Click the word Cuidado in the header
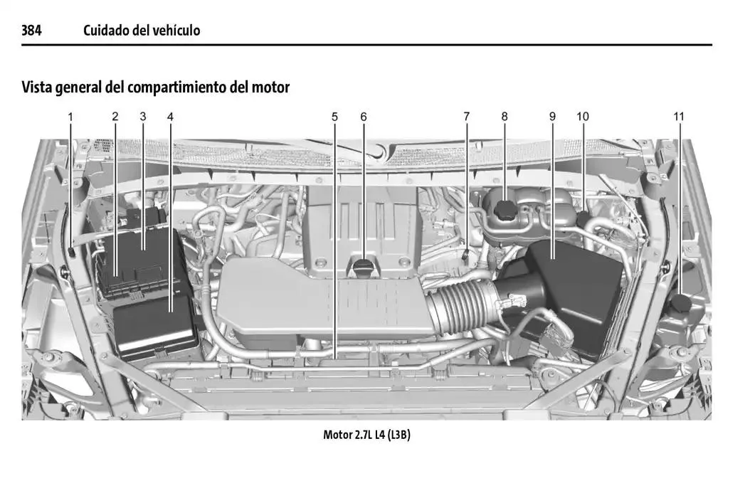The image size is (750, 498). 106,30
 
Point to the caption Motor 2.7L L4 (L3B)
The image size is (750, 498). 366,435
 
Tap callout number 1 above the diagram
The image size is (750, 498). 70,116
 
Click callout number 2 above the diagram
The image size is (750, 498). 115,116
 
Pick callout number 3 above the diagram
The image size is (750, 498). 142,116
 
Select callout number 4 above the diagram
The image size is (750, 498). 170,116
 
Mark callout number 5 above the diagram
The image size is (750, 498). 334,116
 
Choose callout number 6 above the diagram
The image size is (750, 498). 363,116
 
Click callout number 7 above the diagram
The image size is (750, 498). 467,116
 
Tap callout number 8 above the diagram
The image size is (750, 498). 504,116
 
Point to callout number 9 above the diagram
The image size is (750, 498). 552,116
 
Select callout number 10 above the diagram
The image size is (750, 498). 583,116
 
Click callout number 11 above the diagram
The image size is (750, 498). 679,116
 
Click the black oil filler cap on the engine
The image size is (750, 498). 363,268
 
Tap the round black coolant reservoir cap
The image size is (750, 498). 505,210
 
